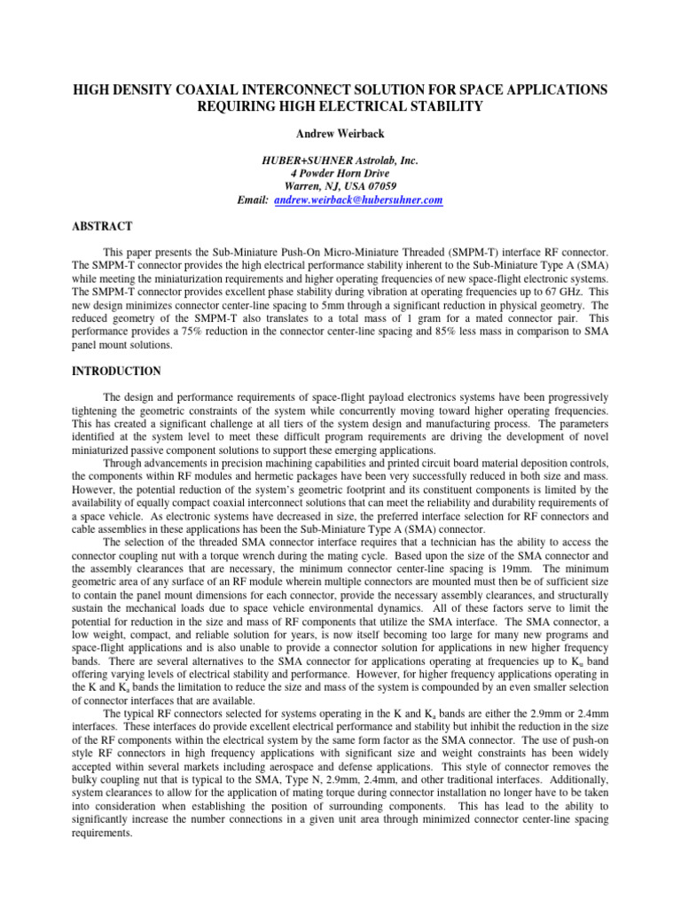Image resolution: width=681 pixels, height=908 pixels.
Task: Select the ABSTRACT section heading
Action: click(x=102, y=227)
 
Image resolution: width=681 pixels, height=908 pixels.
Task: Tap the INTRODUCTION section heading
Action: click(x=117, y=372)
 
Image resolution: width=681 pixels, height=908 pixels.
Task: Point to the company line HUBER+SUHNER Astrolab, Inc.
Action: click(x=340, y=160)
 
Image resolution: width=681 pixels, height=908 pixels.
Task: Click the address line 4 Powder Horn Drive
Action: click(x=340, y=174)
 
